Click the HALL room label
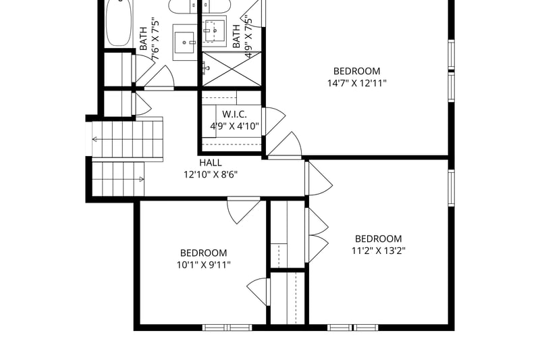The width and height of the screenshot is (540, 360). coord(211,162)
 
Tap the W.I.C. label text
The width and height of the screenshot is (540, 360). coord(234,114)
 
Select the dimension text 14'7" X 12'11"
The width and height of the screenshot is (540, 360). coord(357,83)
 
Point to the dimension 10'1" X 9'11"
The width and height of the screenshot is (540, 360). coord(204,265)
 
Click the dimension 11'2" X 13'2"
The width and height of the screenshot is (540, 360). coord(378,251)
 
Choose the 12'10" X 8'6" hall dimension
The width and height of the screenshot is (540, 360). coord(211,175)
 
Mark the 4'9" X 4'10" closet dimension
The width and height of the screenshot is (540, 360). coord(234,126)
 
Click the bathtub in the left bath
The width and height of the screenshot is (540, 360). coord(119,23)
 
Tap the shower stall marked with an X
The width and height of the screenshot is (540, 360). coord(232,69)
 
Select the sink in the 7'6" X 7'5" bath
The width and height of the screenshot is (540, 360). coord(184,42)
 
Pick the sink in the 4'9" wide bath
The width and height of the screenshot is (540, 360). coord(214,31)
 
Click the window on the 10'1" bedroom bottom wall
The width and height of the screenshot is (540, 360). coord(227,328)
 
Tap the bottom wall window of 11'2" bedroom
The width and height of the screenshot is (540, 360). coord(352,328)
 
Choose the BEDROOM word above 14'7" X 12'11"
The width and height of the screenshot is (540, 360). coord(357,71)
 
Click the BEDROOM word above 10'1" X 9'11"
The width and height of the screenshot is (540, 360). coord(204,253)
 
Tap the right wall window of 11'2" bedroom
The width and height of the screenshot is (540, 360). coord(451,187)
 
